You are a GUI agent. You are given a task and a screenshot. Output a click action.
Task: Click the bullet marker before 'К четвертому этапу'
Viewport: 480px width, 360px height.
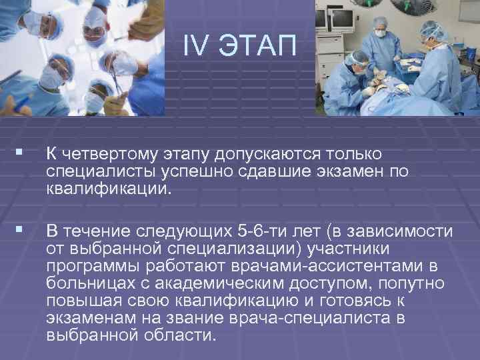(25, 154)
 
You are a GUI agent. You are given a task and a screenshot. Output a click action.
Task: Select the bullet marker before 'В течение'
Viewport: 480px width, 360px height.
(25, 231)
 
